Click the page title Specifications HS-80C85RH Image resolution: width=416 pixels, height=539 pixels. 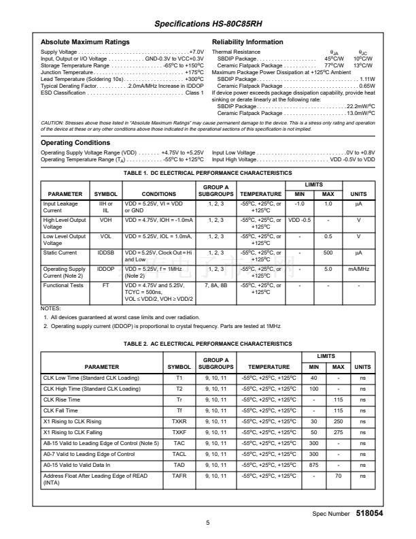click(x=207, y=24)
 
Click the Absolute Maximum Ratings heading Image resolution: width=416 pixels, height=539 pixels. click(x=85, y=42)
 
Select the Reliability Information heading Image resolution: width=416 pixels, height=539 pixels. click(x=247, y=42)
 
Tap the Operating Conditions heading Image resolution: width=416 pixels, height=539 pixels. click(x=75, y=143)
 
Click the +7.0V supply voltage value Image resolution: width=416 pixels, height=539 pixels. click(x=196, y=52)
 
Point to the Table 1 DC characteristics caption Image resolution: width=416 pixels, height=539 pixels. click(x=207, y=174)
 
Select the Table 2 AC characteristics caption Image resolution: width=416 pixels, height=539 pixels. click(x=207, y=344)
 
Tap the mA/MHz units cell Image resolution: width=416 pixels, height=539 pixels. click(x=358, y=269)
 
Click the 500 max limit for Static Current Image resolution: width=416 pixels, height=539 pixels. click(x=328, y=252)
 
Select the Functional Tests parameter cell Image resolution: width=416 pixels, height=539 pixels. click(x=64, y=285)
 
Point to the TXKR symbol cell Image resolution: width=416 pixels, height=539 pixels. click(x=179, y=421)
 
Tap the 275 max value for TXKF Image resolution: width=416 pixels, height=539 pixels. click(x=339, y=432)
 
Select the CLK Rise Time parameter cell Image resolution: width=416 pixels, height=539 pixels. click(x=62, y=399)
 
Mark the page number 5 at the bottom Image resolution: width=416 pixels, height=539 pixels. click(x=207, y=523)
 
